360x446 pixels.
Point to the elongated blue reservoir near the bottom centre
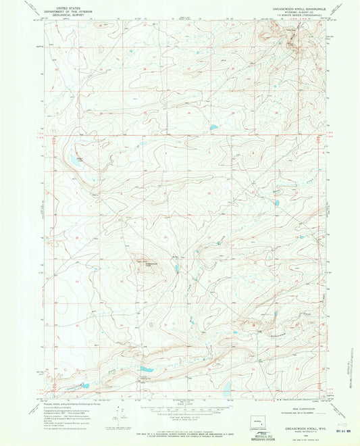[145, 370]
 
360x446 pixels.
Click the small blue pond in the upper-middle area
[214, 126]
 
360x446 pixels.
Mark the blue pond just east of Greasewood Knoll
[176, 268]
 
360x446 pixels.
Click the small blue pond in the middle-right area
[269, 255]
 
